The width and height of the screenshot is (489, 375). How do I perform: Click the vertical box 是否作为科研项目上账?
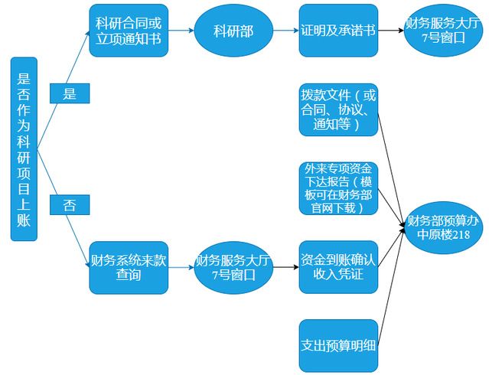(x=24, y=148)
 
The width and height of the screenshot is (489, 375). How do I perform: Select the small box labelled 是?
(x=70, y=93)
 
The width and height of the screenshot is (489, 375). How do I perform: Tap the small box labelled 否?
(x=70, y=204)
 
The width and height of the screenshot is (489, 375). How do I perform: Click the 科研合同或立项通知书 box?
(x=128, y=30)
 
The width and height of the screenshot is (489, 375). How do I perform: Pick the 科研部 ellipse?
(x=233, y=31)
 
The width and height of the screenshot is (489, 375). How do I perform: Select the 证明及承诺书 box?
(x=338, y=31)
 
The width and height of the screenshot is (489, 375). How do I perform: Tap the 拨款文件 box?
(x=338, y=113)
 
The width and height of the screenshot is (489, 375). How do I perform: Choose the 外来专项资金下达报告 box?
(x=338, y=188)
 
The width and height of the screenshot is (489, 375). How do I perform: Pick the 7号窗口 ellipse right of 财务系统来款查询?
(x=233, y=267)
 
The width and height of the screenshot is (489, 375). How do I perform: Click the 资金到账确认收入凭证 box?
(x=338, y=267)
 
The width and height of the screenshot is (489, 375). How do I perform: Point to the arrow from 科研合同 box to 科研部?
(x=181, y=31)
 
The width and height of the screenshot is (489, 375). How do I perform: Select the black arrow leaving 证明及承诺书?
(x=390, y=31)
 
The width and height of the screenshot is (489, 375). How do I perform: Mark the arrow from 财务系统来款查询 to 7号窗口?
(x=180, y=267)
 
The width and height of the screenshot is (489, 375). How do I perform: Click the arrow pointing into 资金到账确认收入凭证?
(x=285, y=267)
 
